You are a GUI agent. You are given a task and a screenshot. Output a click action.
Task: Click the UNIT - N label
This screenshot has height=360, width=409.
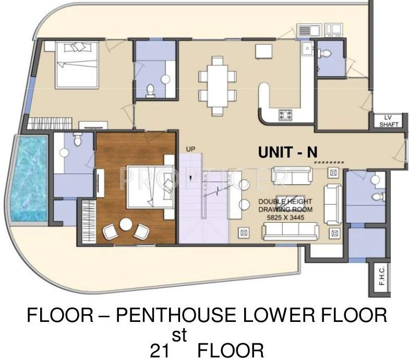[x=288, y=152]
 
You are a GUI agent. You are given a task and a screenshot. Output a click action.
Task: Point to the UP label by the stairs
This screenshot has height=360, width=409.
[x=190, y=150]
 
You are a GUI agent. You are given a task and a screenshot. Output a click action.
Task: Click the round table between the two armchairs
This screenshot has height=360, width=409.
[x=126, y=224]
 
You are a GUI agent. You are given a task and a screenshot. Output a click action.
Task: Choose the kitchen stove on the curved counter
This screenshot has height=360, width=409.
[x=285, y=114]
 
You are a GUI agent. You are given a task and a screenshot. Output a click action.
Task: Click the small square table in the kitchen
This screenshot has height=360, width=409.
[x=263, y=51]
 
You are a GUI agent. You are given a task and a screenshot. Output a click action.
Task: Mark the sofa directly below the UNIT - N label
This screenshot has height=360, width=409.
[x=292, y=176]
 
